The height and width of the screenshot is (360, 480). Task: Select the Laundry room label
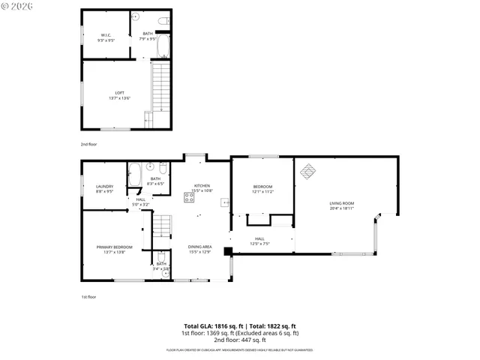pos(104,188)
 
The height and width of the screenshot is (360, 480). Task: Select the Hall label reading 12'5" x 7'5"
pos(259,241)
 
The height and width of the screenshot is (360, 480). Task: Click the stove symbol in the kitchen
pos(189,199)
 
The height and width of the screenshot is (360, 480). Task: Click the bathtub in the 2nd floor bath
pos(164,46)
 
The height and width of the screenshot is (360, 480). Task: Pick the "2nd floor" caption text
pos(89,143)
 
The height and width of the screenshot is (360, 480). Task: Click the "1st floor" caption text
pos(88,297)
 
